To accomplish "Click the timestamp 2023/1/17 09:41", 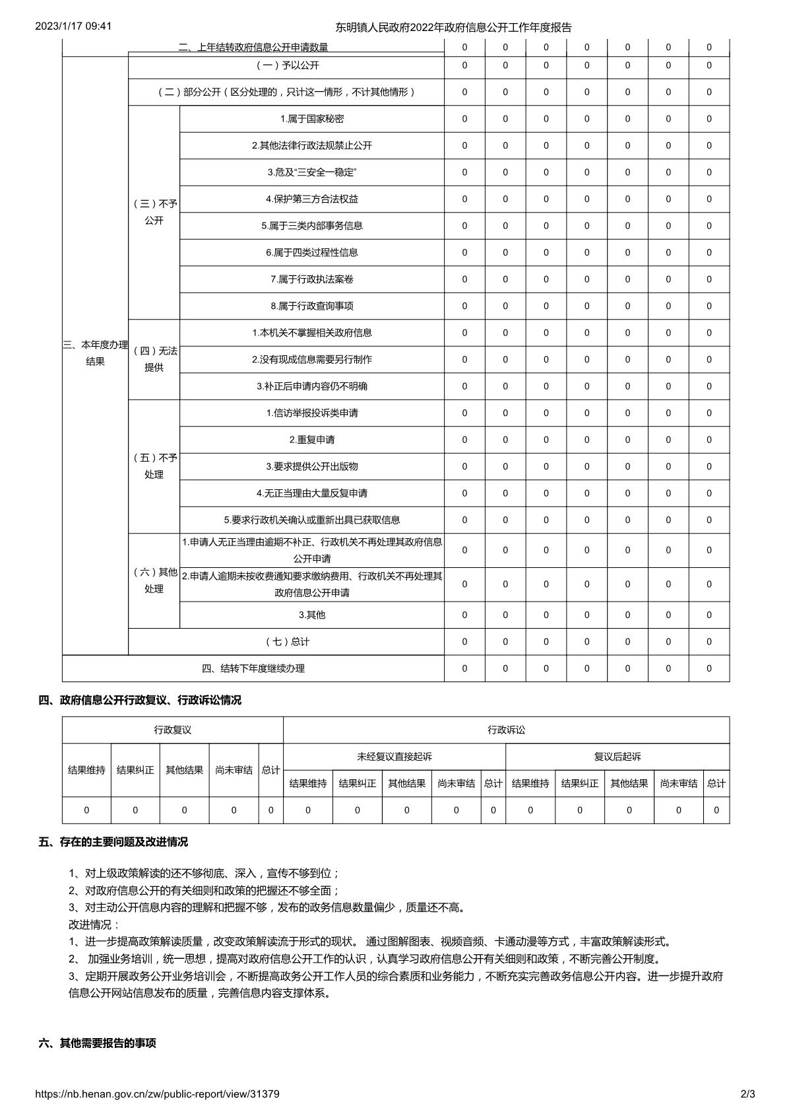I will click(73, 26).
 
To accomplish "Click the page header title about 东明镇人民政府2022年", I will click(453, 27).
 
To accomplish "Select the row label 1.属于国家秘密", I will click(312, 119).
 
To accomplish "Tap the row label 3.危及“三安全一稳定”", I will click(312, 172).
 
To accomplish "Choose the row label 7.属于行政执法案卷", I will click(312, 279).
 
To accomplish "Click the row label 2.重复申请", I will click(312, 440).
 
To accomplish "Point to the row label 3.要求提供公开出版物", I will click(312, 466).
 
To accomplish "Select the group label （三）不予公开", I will click(154, 212).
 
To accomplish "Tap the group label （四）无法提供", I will click(154, 359).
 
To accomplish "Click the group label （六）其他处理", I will click(154, 580).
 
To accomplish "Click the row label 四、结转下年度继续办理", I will click(253, 668).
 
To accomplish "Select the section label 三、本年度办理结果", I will click(96, 353).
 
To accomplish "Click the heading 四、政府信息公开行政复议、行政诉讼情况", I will click(140, 700).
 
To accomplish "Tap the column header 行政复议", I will click(173, 730).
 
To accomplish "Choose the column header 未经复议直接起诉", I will click(395, 757).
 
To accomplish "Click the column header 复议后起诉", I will click(617, 757).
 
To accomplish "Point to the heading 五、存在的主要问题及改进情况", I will click(113, 842).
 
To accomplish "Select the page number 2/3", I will click(747, 1094).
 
